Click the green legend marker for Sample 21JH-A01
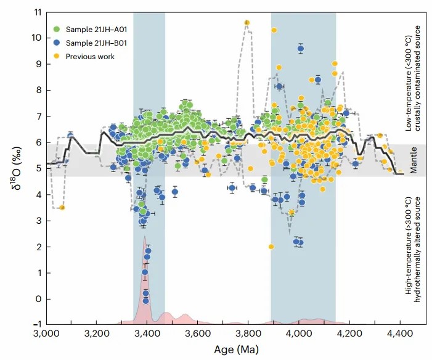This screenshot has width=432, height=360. pyautogui.click(x=57, y=28)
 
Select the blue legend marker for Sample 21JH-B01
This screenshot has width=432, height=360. pyautogui.click(x=57, y=43)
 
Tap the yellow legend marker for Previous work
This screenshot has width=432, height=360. pyautogui.click(x=57, y=57)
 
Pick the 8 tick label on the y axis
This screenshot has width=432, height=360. pyautogui.click(x=38, y=90)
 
